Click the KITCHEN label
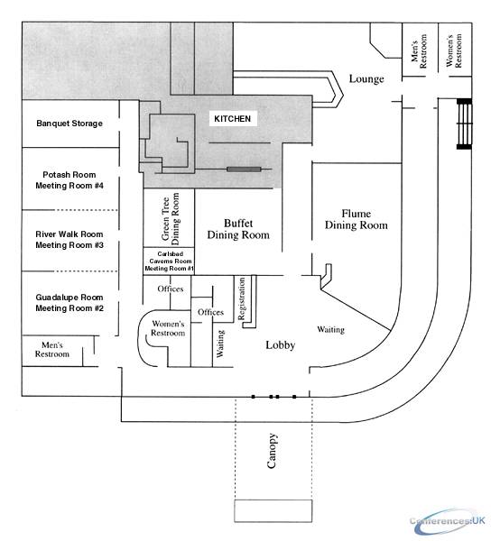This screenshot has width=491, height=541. click(x=232, y=119)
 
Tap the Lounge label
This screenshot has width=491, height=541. click(x=366, y=79)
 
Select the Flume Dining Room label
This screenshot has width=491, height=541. click(x=356, y=219)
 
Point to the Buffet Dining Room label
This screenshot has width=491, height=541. click(x=238, y=229)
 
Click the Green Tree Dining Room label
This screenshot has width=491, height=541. click(x=171, y=219)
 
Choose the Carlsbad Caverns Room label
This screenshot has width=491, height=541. click(x=171, y=257)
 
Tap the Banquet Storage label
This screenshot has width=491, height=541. click(x=69, y=124)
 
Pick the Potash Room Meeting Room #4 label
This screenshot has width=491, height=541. click(x=69, y=180)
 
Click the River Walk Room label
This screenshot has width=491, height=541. click(x=69, y=234)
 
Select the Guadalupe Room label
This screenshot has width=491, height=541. click(x=69, y=298)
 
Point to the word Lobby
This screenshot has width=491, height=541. click(x=281, y=345)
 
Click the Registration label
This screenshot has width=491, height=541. click(x=242, y=298)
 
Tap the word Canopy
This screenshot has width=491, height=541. click(x=272, y=451)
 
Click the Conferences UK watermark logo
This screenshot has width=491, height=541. click(x=448, y=520)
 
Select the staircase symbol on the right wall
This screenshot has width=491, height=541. click(x=464, y=124)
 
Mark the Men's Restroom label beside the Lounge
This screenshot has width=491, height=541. click(x=419, y=51)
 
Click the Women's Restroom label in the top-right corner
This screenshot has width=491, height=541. click(x=454, y=50)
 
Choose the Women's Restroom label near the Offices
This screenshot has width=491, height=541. click(x=168, y=328)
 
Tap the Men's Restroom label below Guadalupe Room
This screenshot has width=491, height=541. click(x=52, y=350)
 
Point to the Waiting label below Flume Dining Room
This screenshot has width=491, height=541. click(x=330, y=330)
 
